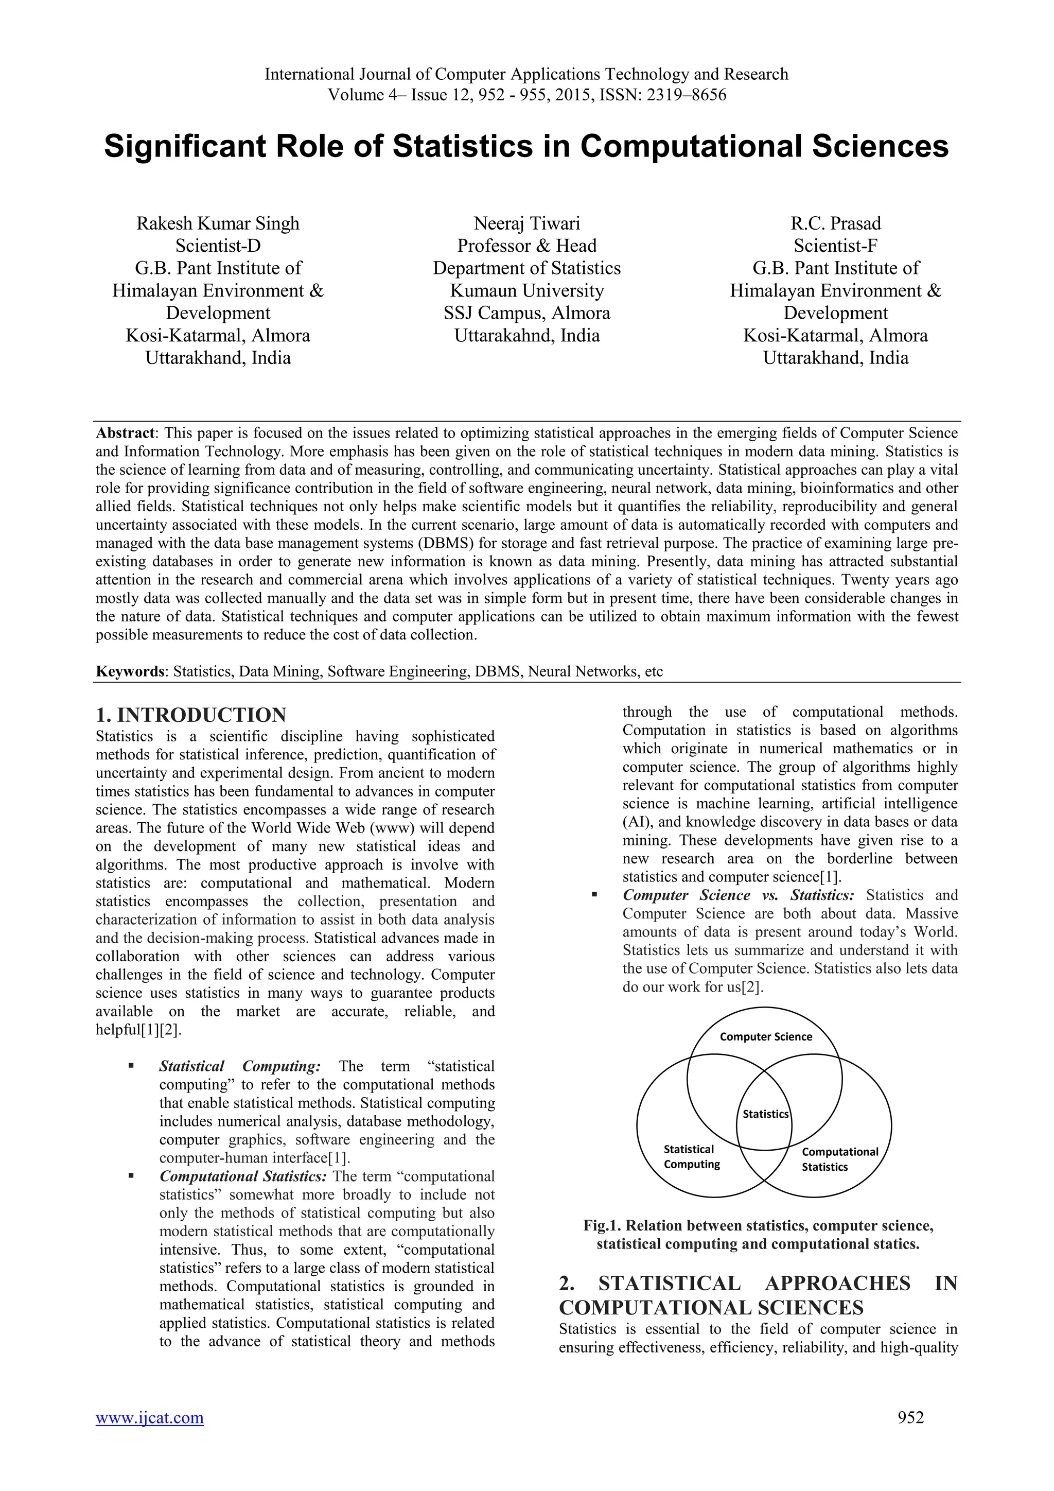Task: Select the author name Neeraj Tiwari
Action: click(x=526, y=223)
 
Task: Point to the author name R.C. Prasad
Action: click(x=835, y=223)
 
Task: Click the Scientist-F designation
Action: click(x=835, y=246)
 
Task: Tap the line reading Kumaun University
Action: click(x=526, y=290)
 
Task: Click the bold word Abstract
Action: click(x=125, y=433)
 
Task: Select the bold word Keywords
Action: click(x=129, y=671)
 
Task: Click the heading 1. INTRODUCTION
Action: click(x=191, y=715)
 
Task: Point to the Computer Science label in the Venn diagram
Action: click(x=766, y=1036)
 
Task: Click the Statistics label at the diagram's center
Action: click(x=765, y=1114)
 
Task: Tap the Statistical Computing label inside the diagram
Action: click(x=691, y=1156)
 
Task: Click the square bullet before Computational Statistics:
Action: click(x=131, y=1175)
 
